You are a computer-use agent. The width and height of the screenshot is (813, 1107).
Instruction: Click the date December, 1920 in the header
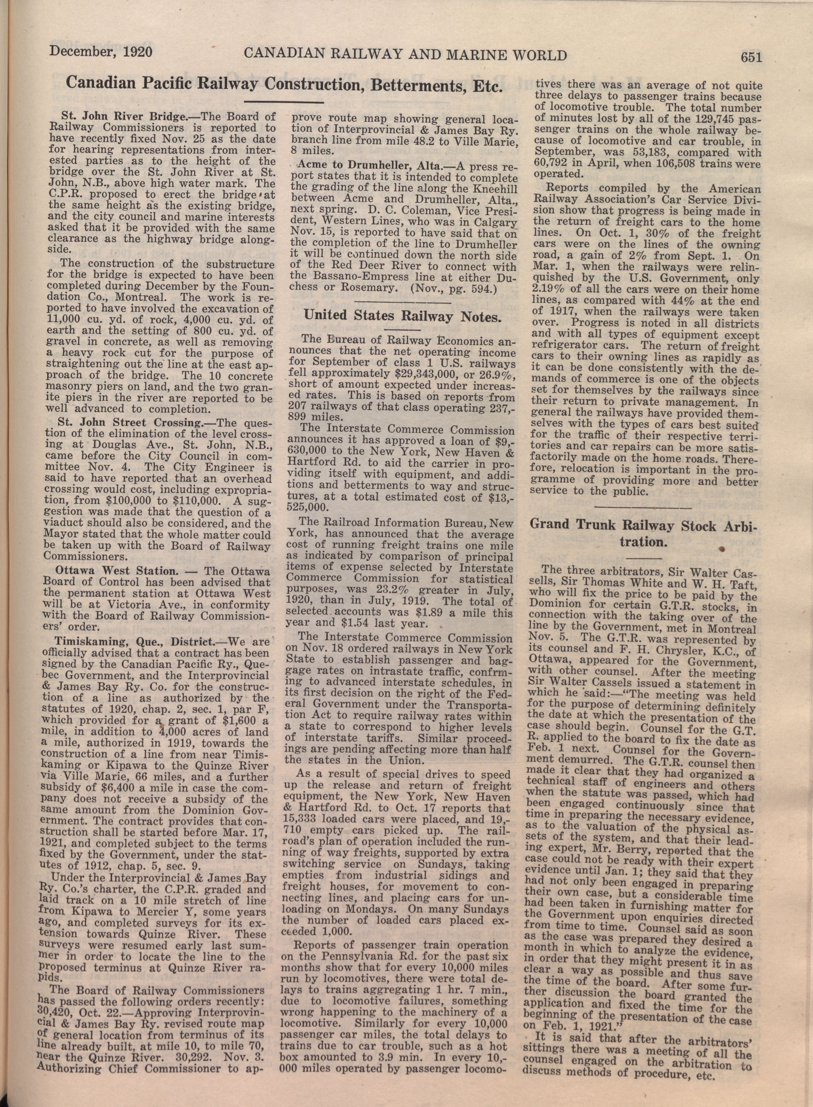coord(99,51)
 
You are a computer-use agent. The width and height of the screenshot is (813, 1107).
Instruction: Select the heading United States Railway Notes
coord(403,315)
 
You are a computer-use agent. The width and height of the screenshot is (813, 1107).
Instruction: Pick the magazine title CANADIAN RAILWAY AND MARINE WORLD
coord(405,55)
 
